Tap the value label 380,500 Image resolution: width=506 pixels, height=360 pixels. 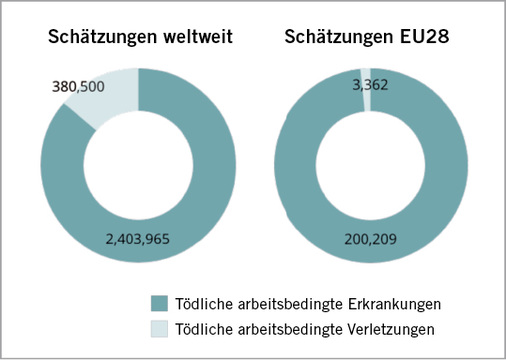pyautogui.click(x=83, y=86)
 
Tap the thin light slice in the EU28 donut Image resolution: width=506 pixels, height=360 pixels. pyautogui.click(x=366, y=78)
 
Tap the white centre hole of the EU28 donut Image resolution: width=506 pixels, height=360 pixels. pyautogui.click(x=371, y=165)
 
